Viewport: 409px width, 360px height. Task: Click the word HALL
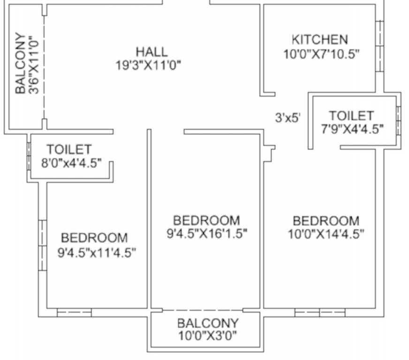[151, 51]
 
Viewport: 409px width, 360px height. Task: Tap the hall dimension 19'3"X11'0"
[149, 65]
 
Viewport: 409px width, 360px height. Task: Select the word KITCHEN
[320, 40]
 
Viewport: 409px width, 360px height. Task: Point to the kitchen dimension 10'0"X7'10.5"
[321, 53]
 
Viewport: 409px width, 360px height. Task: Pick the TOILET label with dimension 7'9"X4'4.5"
[351, 115]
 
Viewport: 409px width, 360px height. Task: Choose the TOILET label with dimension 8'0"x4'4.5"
[69, 150]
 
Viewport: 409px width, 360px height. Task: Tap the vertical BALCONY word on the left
[20, 63]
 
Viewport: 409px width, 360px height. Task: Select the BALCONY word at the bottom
[207, 323]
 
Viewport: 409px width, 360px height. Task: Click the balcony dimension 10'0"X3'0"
[207, 336]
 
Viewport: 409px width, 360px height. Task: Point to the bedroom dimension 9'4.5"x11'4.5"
[97, 253]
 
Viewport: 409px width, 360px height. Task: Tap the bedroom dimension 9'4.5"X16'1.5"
[207, 233]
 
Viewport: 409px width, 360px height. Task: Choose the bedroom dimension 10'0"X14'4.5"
[326, 233]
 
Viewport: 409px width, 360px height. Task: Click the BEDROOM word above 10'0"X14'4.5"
[326, 220]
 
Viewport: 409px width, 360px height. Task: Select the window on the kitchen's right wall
[379, 46]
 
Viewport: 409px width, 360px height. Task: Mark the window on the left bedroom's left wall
[42, 245]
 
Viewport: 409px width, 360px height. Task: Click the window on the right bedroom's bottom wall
[319, 312]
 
